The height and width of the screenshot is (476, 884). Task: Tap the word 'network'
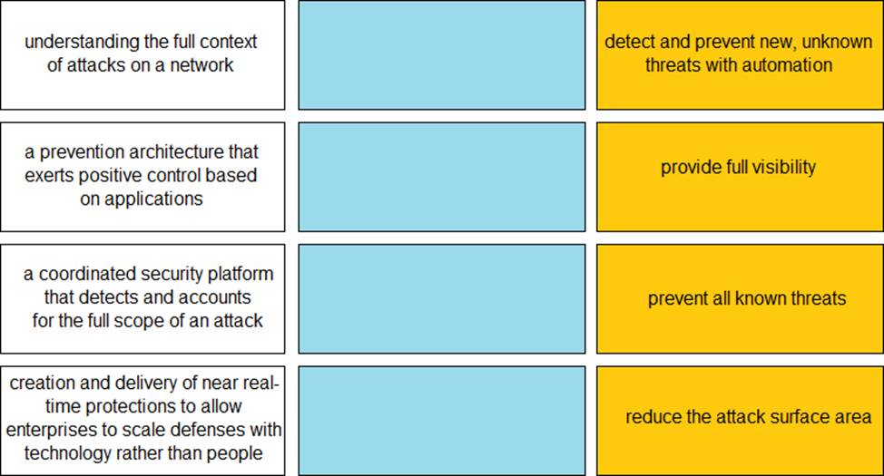(201, 64)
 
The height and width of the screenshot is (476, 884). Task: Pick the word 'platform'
(241, 275)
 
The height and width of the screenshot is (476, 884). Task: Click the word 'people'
(234, 454)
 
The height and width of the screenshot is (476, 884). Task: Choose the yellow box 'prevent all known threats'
(740, 298)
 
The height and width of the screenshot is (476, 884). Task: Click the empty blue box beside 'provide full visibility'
(441, 177)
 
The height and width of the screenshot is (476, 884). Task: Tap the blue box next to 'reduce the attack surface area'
(441, 421)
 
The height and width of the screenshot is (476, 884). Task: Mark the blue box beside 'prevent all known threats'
(441, 298)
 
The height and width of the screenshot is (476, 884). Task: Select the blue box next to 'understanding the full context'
(441, 54)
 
